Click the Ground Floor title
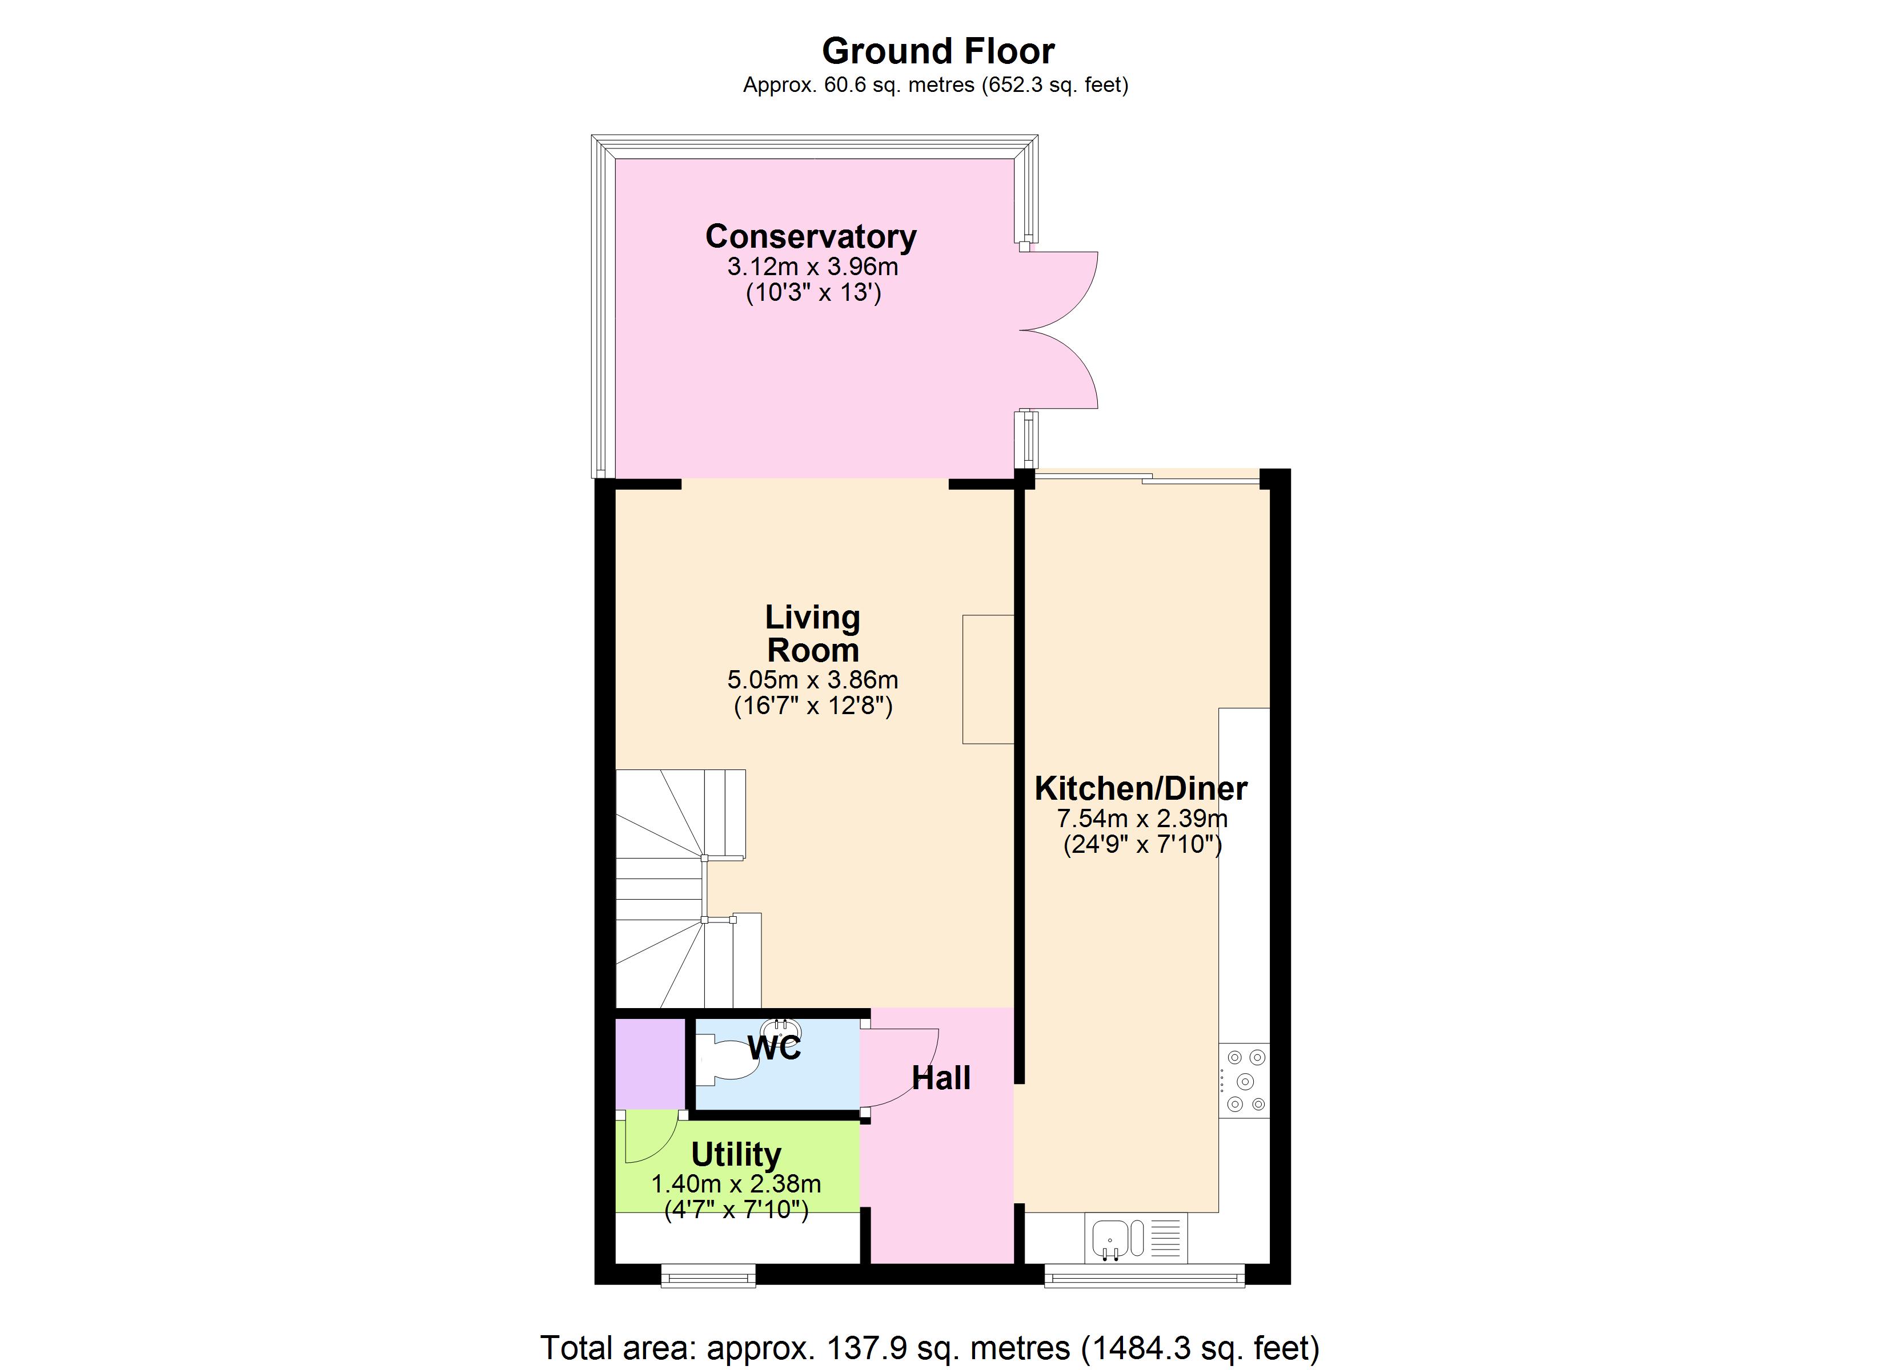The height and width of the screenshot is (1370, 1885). click(x=937, y=51)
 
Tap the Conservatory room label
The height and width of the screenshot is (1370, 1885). click(x=811, y=237)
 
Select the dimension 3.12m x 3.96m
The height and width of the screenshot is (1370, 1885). click(x=812, y=267)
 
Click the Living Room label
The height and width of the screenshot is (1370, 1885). click(x=812, y=634)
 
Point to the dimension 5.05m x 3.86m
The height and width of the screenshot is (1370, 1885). click(x=812, y=680)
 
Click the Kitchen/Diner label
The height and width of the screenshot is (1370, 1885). click(x=1140, y=788)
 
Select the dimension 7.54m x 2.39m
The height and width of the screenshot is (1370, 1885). click(x=1141, y=819)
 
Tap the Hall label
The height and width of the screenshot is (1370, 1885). click(x=941, y=1078)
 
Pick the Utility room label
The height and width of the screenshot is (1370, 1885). click(x=736, y=1155)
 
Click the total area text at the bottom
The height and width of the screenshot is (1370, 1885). click(x=929, y=1348)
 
